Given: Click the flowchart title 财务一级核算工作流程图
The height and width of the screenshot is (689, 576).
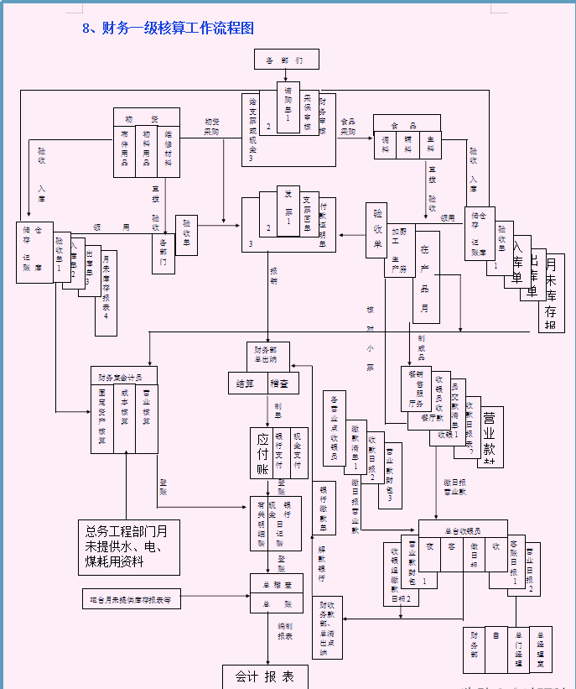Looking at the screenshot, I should click(x=168, y=28).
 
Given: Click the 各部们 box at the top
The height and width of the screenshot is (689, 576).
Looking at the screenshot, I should click(x=287, y=60).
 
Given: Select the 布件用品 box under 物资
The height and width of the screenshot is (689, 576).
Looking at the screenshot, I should click(x=125, y=152).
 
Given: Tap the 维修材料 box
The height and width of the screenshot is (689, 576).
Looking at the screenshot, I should click(x=169, y=152).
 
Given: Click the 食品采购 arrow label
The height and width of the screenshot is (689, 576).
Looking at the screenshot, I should click(x=347, y=127).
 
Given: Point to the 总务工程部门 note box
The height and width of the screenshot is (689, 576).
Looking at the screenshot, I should click(x=127, y=545).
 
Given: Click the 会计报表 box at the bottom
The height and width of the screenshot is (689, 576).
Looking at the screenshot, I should click(x=264, y=676).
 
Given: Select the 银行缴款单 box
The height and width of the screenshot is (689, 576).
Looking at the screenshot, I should click(x=324, y=509).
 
